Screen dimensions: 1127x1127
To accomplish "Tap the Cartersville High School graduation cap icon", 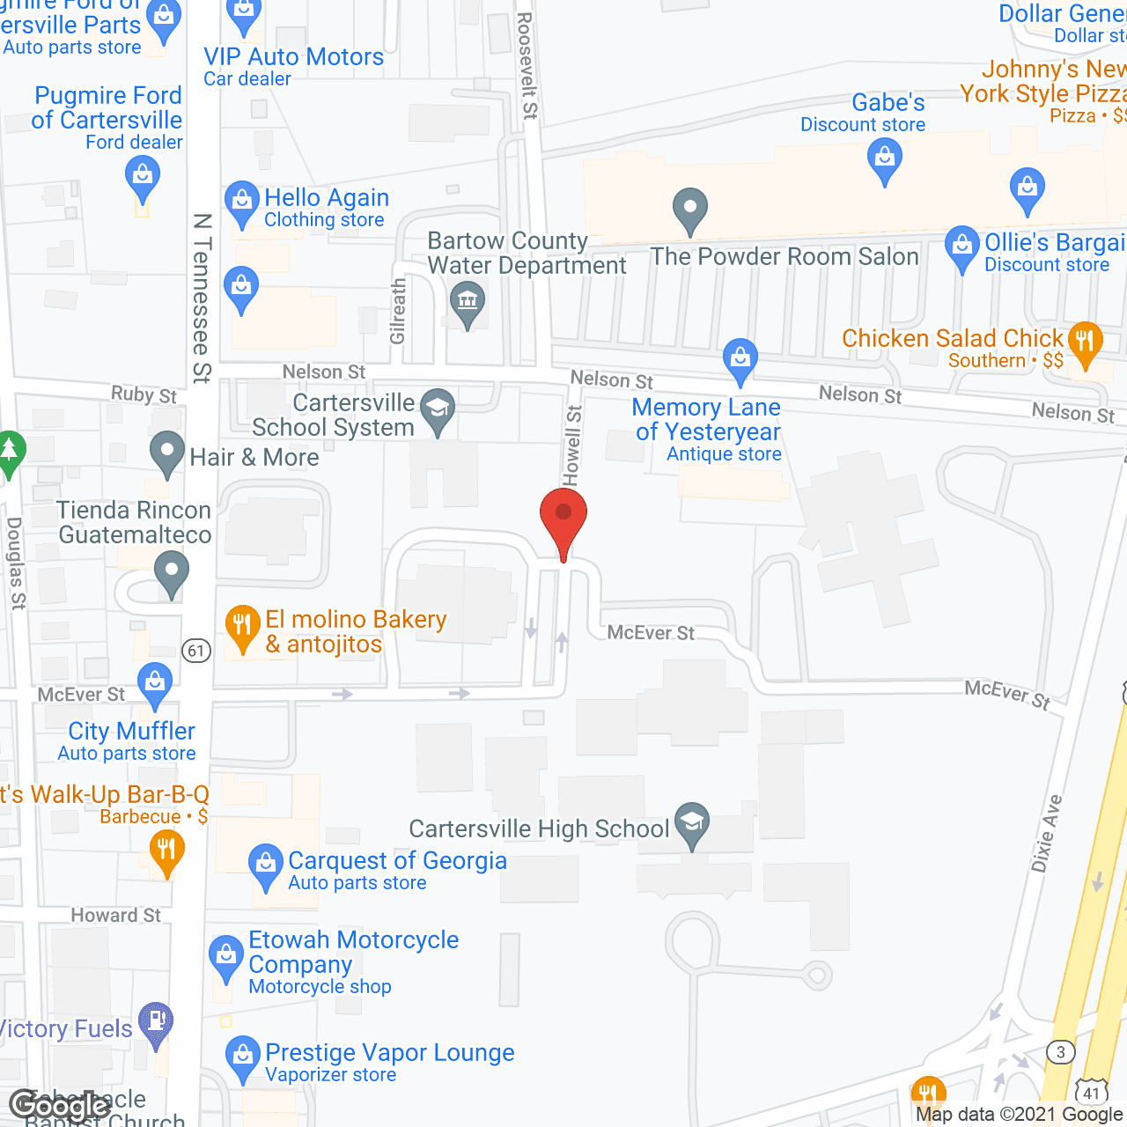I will coord(692,823).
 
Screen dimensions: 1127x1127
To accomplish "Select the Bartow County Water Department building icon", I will coord(468,300).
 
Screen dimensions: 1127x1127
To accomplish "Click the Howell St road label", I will coord(572,445).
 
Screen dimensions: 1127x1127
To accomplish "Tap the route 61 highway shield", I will coord(196,651).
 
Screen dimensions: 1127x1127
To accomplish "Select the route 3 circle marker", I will coord(1061,1052).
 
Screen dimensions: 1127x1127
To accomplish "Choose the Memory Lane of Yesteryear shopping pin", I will coord(740,358).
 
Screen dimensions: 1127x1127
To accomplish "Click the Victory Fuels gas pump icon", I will coord(156,1022).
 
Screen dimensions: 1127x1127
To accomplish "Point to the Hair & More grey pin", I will coord(167,452).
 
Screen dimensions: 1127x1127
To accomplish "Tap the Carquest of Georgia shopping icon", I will coord(265,864).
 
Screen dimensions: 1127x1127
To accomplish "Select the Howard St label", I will coord(115,916).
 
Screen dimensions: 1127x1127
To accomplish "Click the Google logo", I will coord(60,1106).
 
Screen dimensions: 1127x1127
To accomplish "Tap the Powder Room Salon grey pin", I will coord(690,210).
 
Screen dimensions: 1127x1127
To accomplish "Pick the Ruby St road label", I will coord(144,394).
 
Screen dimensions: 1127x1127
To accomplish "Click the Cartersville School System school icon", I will coord(438,409).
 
